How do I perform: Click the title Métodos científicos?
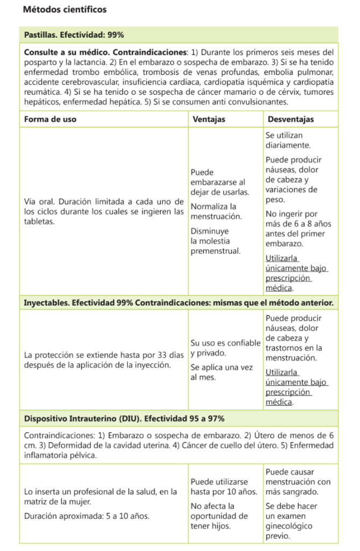(x=65, y=10)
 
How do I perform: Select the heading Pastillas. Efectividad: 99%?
(x=74, y=35)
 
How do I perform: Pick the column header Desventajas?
(x=290, y=119)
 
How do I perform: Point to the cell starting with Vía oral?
(x=104, y=211)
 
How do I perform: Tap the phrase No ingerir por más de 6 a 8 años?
(x=299, y=229)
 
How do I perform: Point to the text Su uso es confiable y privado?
(x=225, y=348)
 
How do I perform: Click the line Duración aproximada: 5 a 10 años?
(x=87, y=515)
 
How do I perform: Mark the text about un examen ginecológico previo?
(x=291, y=521)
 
